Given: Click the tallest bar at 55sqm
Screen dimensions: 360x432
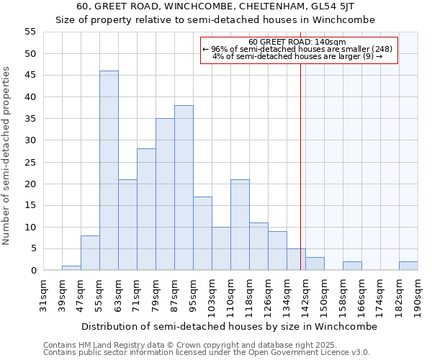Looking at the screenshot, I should click(x=109, y=171).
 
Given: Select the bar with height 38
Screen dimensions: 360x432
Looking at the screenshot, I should click(x=184, y=188).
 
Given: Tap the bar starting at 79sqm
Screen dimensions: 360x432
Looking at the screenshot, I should click(x=165, y=194).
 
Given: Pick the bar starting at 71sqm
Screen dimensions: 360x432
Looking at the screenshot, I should click(x=146, y=210).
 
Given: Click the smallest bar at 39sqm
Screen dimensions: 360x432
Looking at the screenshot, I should click(x=71, y=268).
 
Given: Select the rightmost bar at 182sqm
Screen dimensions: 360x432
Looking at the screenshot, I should click(x=408, y=266).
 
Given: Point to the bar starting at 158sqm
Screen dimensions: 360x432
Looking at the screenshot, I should click(x=352, y=266).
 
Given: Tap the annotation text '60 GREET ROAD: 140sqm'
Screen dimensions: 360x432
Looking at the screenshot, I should click(x=297, y=42).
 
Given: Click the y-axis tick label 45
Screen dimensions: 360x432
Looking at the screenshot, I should click(x=30, y=76).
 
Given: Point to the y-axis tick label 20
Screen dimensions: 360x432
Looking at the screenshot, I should click(x=30, y=184).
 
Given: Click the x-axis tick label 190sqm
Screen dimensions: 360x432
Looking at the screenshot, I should click(x=418, y=297).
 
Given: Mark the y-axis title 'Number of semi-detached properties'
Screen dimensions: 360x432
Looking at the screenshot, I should click(x=7, y=156).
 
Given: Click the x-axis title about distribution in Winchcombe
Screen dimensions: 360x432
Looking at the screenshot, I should click(x=229, y=326).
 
